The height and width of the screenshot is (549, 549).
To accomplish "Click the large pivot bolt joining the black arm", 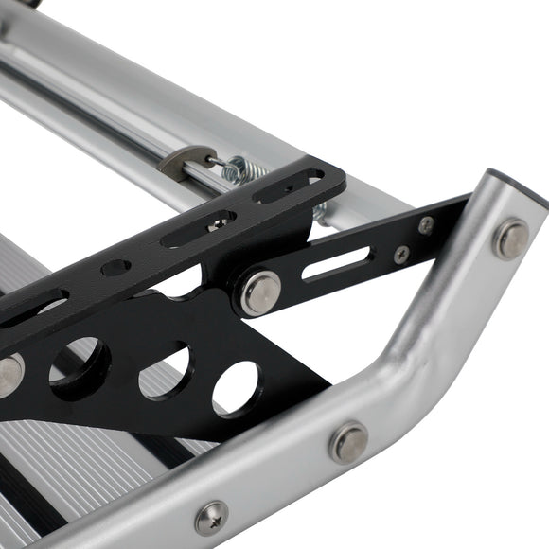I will (258, 292).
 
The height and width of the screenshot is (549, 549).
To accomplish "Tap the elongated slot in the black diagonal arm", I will (337, 264).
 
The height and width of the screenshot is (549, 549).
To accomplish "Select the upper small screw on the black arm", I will (427, 225).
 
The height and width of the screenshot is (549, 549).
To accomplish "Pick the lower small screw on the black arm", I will (401, 255).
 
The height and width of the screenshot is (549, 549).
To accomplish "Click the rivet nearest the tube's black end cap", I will (511, 239).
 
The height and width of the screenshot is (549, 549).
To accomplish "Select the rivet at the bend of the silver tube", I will (348, 442).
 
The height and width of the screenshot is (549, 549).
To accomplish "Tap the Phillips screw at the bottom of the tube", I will (211, 518).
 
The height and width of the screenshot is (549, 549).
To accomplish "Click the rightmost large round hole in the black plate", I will (236, 387).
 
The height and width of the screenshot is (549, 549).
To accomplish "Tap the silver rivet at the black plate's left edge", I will (9, 374).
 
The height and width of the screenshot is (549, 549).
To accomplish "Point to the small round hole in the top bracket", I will (115, 268).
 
